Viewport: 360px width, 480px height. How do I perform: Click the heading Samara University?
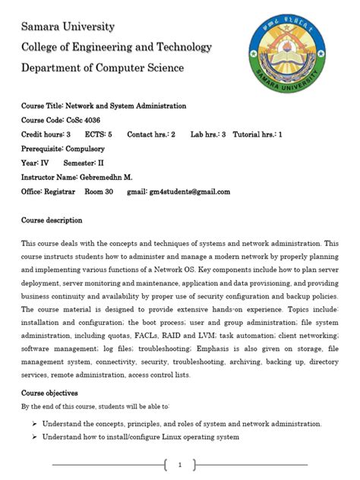click(x=68, y=27)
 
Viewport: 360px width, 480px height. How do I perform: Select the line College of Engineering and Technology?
click(x=116, y=47)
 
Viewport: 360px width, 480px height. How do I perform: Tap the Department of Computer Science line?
click(x=102, y=68)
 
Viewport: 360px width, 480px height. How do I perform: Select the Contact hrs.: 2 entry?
click(x=151, y=134)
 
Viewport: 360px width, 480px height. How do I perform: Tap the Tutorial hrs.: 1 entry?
click(x=257, y=134)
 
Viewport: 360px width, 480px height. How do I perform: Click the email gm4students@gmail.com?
click(x=189, y=192)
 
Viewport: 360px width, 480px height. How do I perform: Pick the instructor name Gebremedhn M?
click(x=103, y=178)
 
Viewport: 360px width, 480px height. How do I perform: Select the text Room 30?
click(x=99, y=192)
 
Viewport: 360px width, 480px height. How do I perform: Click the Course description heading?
click(x=52, y=220)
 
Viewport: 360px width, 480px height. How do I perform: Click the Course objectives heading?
click(x=49, y=393)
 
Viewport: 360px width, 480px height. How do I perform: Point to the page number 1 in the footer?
click(x=179, y=465)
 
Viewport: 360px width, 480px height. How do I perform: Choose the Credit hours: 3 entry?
click(x=46, y=134)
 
